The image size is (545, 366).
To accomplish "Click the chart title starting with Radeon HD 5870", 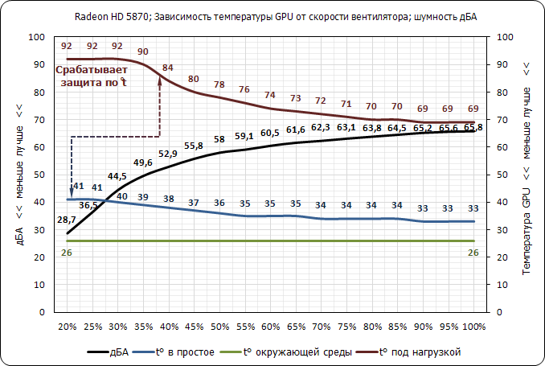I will tap(270, 17).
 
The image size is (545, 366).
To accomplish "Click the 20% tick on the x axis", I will tap(68, 327).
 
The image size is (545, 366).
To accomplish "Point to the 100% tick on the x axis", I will tap(474, 327).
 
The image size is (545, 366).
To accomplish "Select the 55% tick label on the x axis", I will tap(245, 327).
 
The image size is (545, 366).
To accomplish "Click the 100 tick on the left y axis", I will tap(37, 37).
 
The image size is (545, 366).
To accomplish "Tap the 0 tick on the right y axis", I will tap(502, 312).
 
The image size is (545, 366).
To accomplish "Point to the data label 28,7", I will tap(67, 220).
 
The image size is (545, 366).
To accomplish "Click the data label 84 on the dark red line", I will tap(168, 67).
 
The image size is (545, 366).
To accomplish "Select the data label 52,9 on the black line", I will tap(168, 154).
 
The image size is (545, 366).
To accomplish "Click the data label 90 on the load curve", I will tap(143, 51).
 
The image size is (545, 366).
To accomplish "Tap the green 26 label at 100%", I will tap(473, 253).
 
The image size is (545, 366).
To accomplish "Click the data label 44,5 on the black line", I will tap(117, 175).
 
